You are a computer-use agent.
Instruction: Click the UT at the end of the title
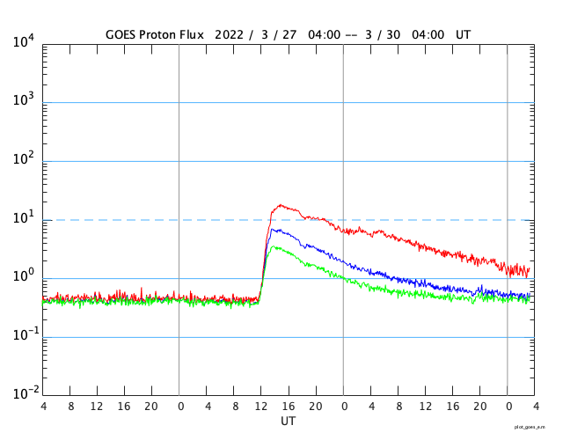click(464, 34)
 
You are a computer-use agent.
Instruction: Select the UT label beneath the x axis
click(289, 421)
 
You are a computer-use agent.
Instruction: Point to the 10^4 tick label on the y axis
click(24, 41)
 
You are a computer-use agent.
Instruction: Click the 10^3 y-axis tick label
click(24, 100)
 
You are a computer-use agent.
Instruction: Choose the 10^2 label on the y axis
click(24, 159)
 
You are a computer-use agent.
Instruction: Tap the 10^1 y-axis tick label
click(24, 217)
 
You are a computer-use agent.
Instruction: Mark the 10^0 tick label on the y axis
click(24, 276)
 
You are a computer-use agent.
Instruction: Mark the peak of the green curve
click(275, 246)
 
